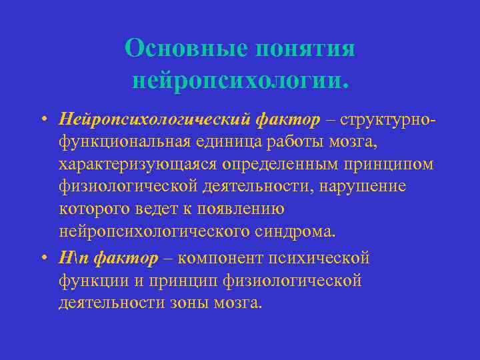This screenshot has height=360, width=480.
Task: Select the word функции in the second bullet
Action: (x=91, y=281)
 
